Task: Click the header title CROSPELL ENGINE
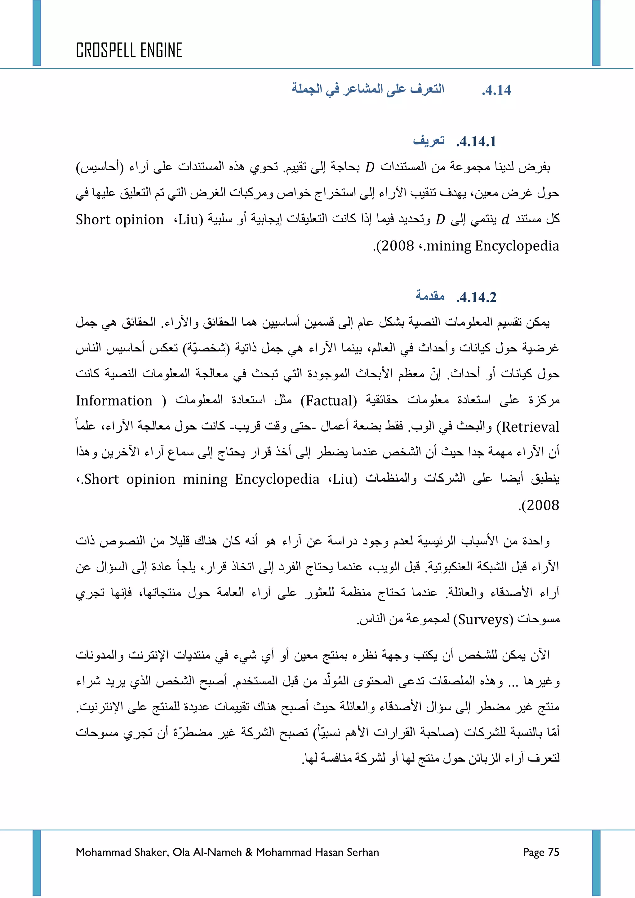pyautogui.click(x=129, y=51)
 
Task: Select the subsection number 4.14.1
pyautogui.click(x=476, y=142)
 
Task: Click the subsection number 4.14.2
pyautogui.click(x=476, y=298)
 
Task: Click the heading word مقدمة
pyautogui.click(x=430, y=296)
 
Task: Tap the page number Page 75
pyautogui.click(x=541, y=852)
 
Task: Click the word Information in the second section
pyautogui.click(x=114, y=401)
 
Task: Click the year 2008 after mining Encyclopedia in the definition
pyautogui.click(x=397, y=246)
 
